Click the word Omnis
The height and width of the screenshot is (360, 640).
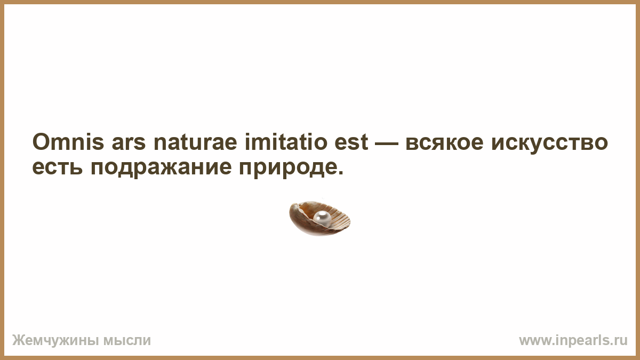point(68,142)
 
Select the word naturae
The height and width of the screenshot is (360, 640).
point(195,142)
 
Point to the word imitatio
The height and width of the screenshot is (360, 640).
point(286,142)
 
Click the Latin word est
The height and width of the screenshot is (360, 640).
point(351,142)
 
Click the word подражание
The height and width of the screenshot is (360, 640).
point(161,169)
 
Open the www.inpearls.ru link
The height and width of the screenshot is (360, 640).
point(573,341)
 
